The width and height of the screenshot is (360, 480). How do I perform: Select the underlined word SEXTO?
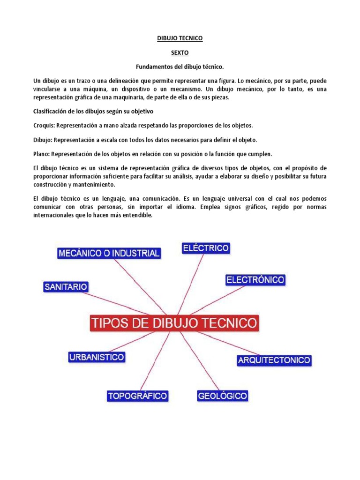tap(180, 53)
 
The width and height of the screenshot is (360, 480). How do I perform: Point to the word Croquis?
tap(44, 126)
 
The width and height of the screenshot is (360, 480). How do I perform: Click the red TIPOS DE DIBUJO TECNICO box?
tap(174, 323)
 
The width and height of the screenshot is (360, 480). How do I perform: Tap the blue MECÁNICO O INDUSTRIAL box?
tap(109, 254)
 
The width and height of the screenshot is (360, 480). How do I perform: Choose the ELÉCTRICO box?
tap(206, 248)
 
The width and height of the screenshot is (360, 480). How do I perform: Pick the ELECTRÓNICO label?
tap(255, 280)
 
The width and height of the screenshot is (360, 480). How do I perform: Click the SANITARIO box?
tap(66, 286)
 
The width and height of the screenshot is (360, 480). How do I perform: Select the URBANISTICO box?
tap(97, 357)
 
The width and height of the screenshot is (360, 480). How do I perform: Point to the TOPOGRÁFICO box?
tap(137, 396)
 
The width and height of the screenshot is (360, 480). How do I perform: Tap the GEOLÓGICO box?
tap(222, 396)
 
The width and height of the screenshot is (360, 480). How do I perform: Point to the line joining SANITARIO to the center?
tap(117, 302)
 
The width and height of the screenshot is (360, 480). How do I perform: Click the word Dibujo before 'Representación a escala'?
tap(43, 140)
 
